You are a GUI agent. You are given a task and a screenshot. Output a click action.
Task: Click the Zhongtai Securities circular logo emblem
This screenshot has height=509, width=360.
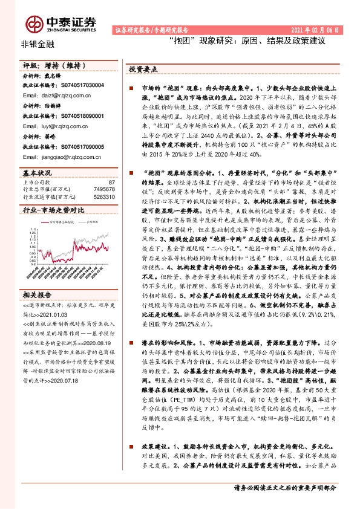[30, 22]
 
